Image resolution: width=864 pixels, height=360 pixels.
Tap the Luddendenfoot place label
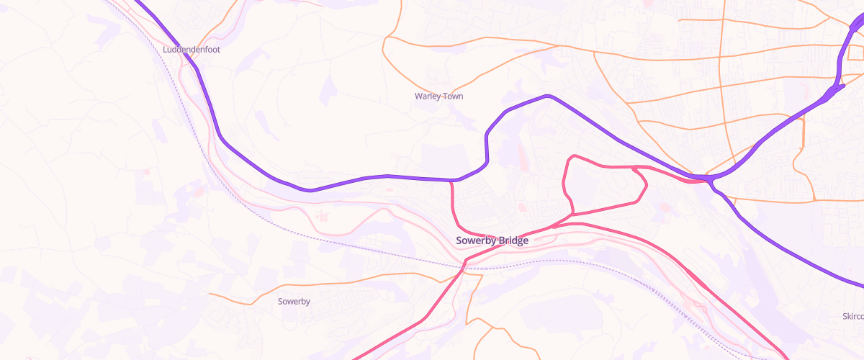[191, 50]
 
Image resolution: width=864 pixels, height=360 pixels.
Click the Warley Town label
[438, 96]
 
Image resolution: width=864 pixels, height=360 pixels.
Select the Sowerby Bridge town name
[492, 240]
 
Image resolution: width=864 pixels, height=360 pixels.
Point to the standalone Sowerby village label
[294, 301]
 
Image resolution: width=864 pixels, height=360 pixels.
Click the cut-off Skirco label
[852, 316]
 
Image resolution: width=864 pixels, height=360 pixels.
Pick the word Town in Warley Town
[451, 96]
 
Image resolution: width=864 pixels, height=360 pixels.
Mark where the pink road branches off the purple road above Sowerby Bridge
[451, 181]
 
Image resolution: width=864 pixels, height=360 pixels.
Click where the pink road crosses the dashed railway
[464, 267]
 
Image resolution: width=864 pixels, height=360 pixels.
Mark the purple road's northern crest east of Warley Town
[547, 96]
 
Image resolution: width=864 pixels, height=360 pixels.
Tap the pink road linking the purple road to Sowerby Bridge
[456, 212]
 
